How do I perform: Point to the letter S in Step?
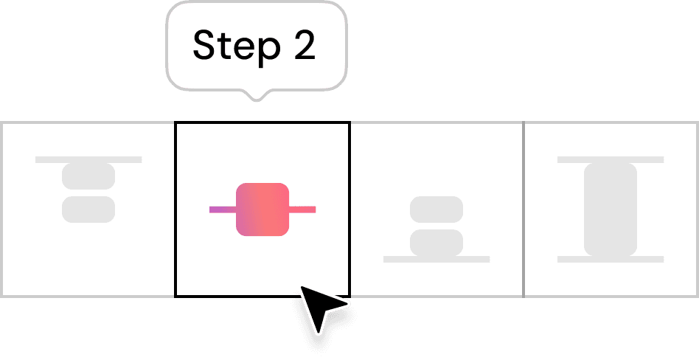click(204, 46)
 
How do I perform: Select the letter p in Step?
click(265, 49)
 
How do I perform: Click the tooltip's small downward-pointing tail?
click(256, 94)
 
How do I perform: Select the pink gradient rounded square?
click(262, 210)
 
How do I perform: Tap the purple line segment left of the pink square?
click(222, 210)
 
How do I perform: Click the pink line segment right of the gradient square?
click(302, 210)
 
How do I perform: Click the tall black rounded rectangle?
click(611, 210)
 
